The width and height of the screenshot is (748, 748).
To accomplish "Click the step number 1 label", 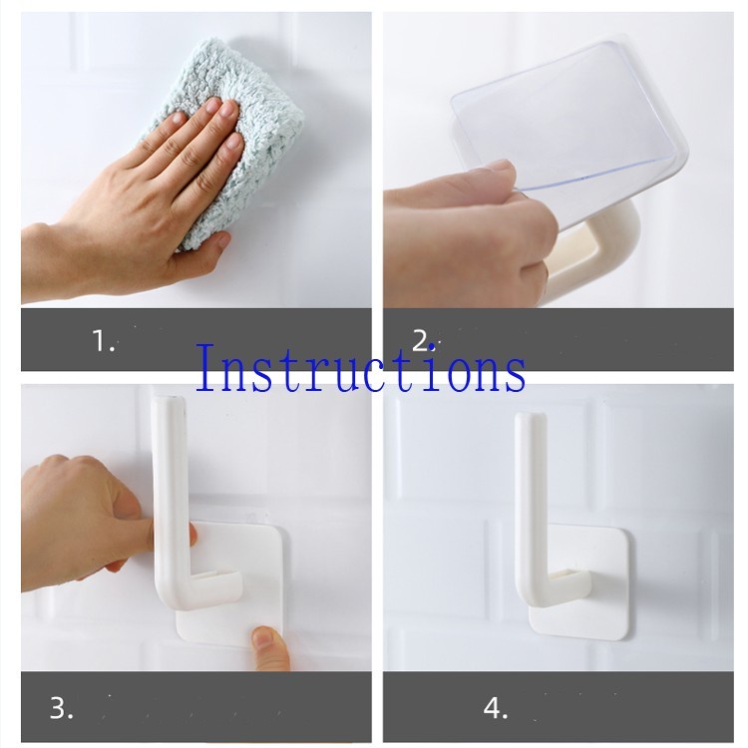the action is [x=103, y=341].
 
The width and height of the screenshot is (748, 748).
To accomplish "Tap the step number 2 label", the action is [x=423, y=341].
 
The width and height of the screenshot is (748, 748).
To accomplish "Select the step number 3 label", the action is [x=62, y=708].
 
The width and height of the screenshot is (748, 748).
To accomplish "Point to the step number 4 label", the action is [x=496, y=708].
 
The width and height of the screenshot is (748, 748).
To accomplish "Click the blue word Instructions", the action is [x=361, y=368].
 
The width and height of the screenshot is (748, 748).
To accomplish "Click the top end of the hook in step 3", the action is [x=170, y=400].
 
